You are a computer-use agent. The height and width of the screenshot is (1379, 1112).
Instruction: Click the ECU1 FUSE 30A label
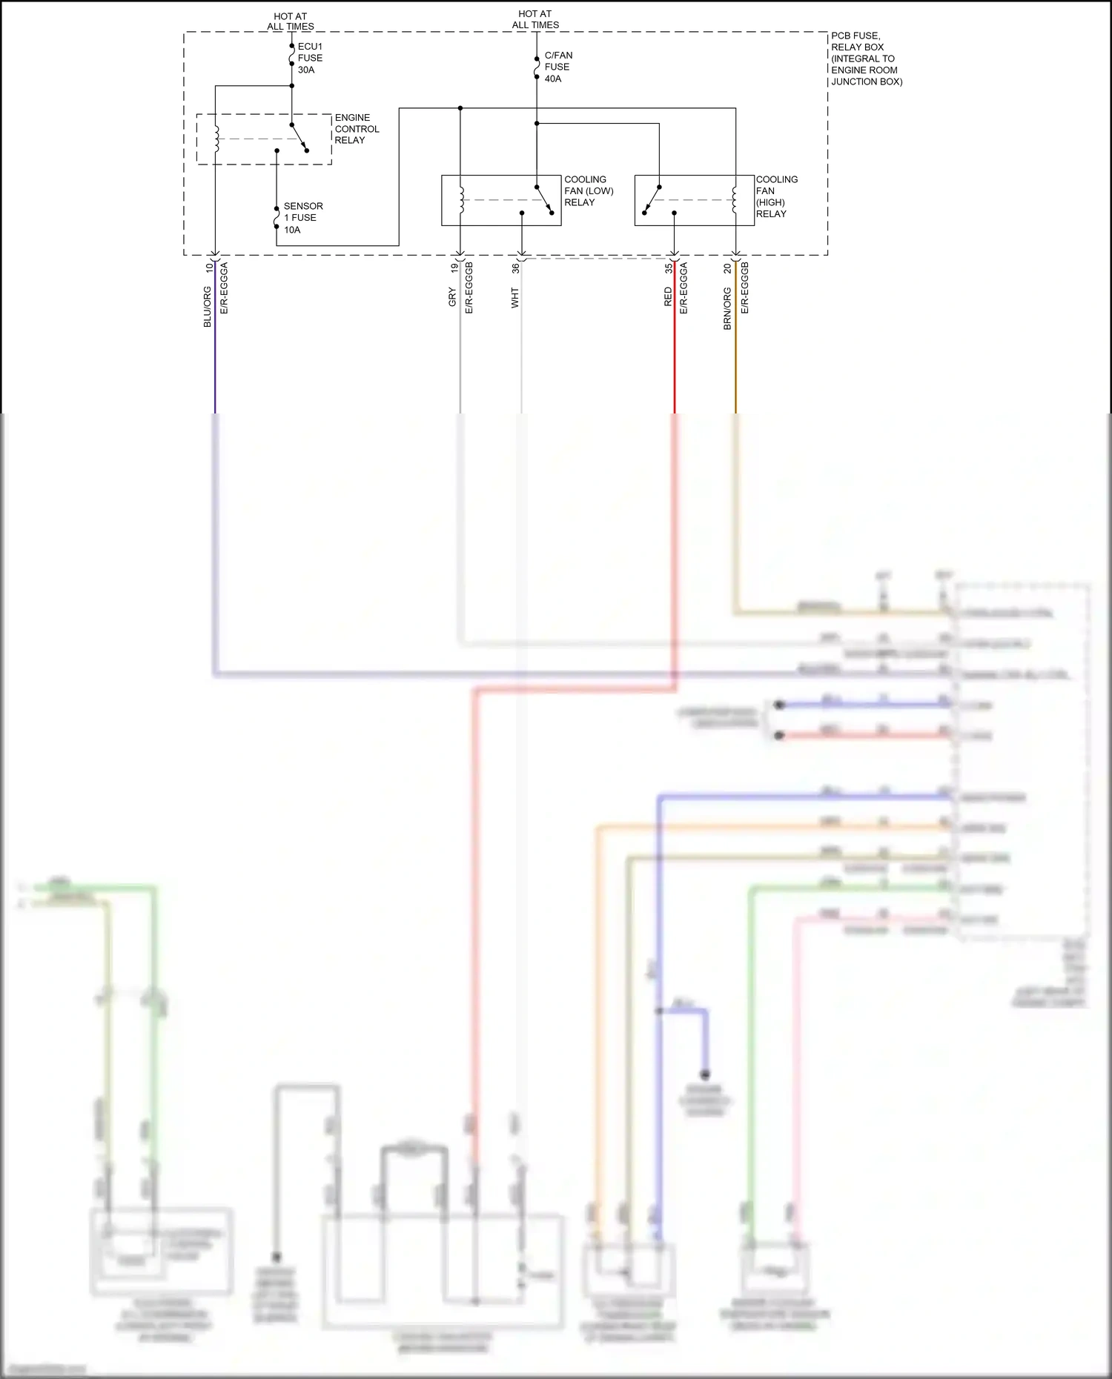pyautogui.click(x=310, y=58)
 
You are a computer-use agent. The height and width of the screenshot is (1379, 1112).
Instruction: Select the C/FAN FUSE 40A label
pyautogui.click(x=557, y=67)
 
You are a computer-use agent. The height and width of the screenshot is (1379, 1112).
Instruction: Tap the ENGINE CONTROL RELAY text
pyautogui.click(x=356, y=129)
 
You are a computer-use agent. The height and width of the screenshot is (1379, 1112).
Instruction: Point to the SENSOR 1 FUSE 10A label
pyautogui.click(x=302, y=218)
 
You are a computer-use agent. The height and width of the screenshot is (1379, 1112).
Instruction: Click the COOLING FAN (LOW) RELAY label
pyautogui.click(x=588, y=191)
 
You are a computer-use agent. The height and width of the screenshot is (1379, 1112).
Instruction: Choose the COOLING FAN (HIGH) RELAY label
pyautogui.click(x=775, y=196)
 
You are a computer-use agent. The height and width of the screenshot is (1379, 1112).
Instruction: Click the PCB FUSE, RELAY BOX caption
pyautogui.click(x=865, y=59)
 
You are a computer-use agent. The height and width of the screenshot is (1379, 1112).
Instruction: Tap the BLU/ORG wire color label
pyautogui.click(x=208, y=307)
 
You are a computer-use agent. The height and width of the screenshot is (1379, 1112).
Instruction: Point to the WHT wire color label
pyautogui.click(x=514, y=299)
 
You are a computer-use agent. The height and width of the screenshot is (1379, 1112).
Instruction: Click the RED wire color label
pyautogui.click(x=668, y=297)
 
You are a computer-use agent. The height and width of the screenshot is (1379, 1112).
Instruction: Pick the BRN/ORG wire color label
pyautogui.click(x=727, y=309)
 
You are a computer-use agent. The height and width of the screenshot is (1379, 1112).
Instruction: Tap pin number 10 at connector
pyautogui.click(x=209, y=268)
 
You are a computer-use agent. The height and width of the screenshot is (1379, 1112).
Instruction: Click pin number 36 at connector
pyautogui.click(x=515, y=268)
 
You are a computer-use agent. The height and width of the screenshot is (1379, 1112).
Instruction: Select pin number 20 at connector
pyautogui.click(x=727, y=268)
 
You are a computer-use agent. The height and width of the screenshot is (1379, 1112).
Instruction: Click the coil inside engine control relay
pyautogui.click(x=216, y=138)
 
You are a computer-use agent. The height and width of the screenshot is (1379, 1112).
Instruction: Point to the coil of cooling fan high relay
pyautogui.click(x=735, y=199)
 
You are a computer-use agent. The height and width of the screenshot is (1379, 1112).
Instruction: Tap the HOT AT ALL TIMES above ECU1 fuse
pyautogui.click(x=291, y=21)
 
